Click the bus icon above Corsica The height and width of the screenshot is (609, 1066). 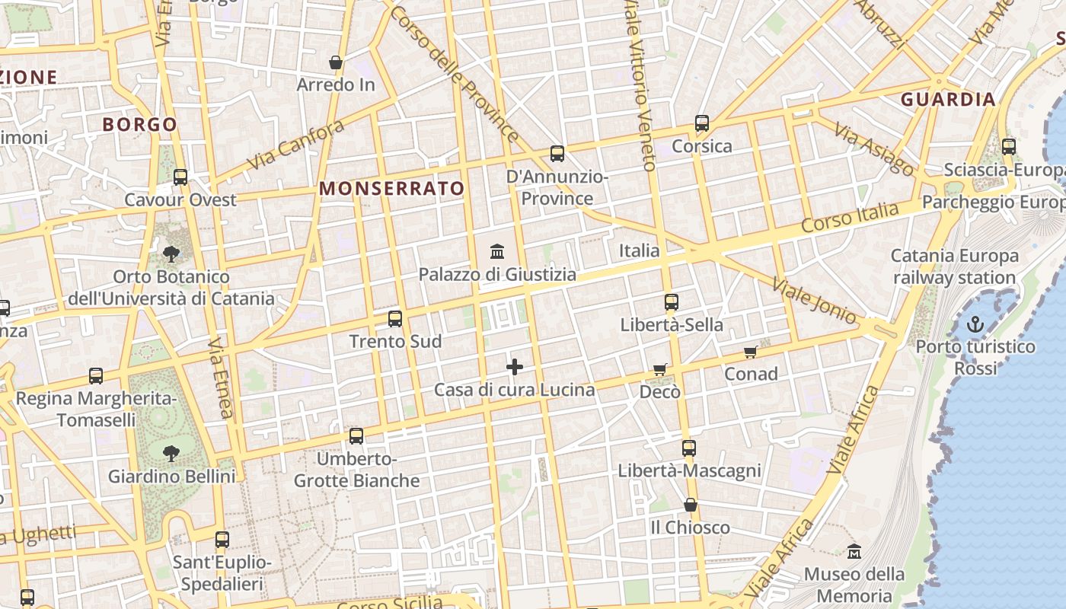click(702, 123)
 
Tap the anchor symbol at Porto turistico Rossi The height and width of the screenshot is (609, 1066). click(975, 325)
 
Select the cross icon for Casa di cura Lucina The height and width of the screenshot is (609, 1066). click(515, 367)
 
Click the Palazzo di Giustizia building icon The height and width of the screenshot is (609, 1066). click(497, 250)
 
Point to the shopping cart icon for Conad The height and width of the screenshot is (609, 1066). click(751, 351)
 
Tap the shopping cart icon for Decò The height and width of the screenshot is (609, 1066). click(660, 369)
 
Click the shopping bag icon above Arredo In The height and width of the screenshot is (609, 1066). click(336, 62)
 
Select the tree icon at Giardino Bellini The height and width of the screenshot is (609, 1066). click(171, 454)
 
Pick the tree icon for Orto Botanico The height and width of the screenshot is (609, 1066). click(171, 253)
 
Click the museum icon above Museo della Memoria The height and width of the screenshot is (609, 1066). click(854, 550)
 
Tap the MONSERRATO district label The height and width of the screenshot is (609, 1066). click(392, 188)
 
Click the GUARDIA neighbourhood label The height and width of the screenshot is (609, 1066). click(948, 99)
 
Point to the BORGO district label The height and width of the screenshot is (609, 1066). click(139, 124)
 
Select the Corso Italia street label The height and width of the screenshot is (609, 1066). click(850, 217)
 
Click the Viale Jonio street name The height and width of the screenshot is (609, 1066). click(814, 301)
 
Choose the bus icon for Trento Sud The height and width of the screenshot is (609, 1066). click(394, 319)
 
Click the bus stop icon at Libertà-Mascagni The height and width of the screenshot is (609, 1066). click(689, 448)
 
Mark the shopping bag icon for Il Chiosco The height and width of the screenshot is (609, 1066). click(691, 505)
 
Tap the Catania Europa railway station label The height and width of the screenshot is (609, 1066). click(954, 266)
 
